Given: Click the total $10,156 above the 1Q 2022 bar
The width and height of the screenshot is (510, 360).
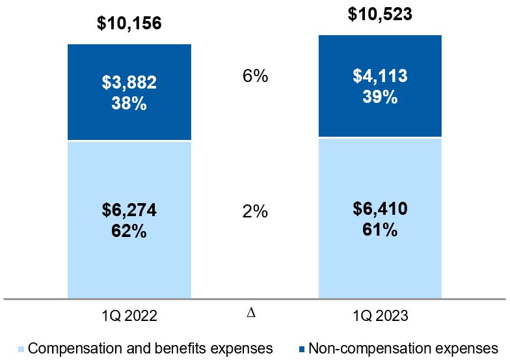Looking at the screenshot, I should point(129,24).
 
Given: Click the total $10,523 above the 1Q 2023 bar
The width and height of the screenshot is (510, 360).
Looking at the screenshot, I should point(380,14).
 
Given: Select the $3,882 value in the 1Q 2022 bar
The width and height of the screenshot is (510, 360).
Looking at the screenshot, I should point(129,83).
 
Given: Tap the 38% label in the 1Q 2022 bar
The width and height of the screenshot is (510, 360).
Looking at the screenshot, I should point(129,103).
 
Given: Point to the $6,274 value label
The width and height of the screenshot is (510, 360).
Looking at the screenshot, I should point(129,210).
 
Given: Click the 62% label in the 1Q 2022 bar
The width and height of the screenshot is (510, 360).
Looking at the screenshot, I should point(129,230).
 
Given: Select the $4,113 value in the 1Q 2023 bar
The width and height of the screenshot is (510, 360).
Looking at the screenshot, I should point(380,77).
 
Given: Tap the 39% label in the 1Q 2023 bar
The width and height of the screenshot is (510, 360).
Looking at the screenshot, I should point(380,97).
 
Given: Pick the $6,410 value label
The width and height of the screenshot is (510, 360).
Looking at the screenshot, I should point(380,209).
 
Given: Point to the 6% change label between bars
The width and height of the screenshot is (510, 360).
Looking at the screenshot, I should point(254,76).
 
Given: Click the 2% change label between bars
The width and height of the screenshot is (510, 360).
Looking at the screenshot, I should point(254,212).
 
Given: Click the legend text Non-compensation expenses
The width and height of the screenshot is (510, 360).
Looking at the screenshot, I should point(403,347).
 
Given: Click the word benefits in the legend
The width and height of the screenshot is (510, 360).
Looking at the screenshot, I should point(196,347).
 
